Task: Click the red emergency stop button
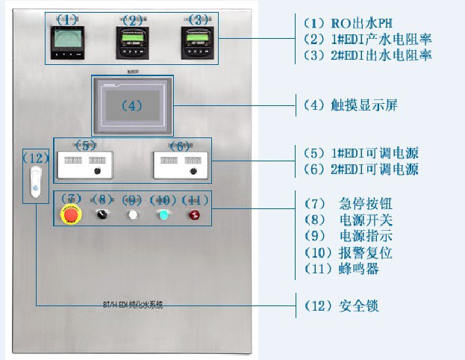tap(71, 215)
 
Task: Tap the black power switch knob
tap(102, 215)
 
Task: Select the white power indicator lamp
tap(132, 215)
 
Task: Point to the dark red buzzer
tap(195, 215)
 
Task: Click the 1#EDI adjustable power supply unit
tap(84, 163)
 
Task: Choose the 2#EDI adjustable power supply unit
tap(179, 163)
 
